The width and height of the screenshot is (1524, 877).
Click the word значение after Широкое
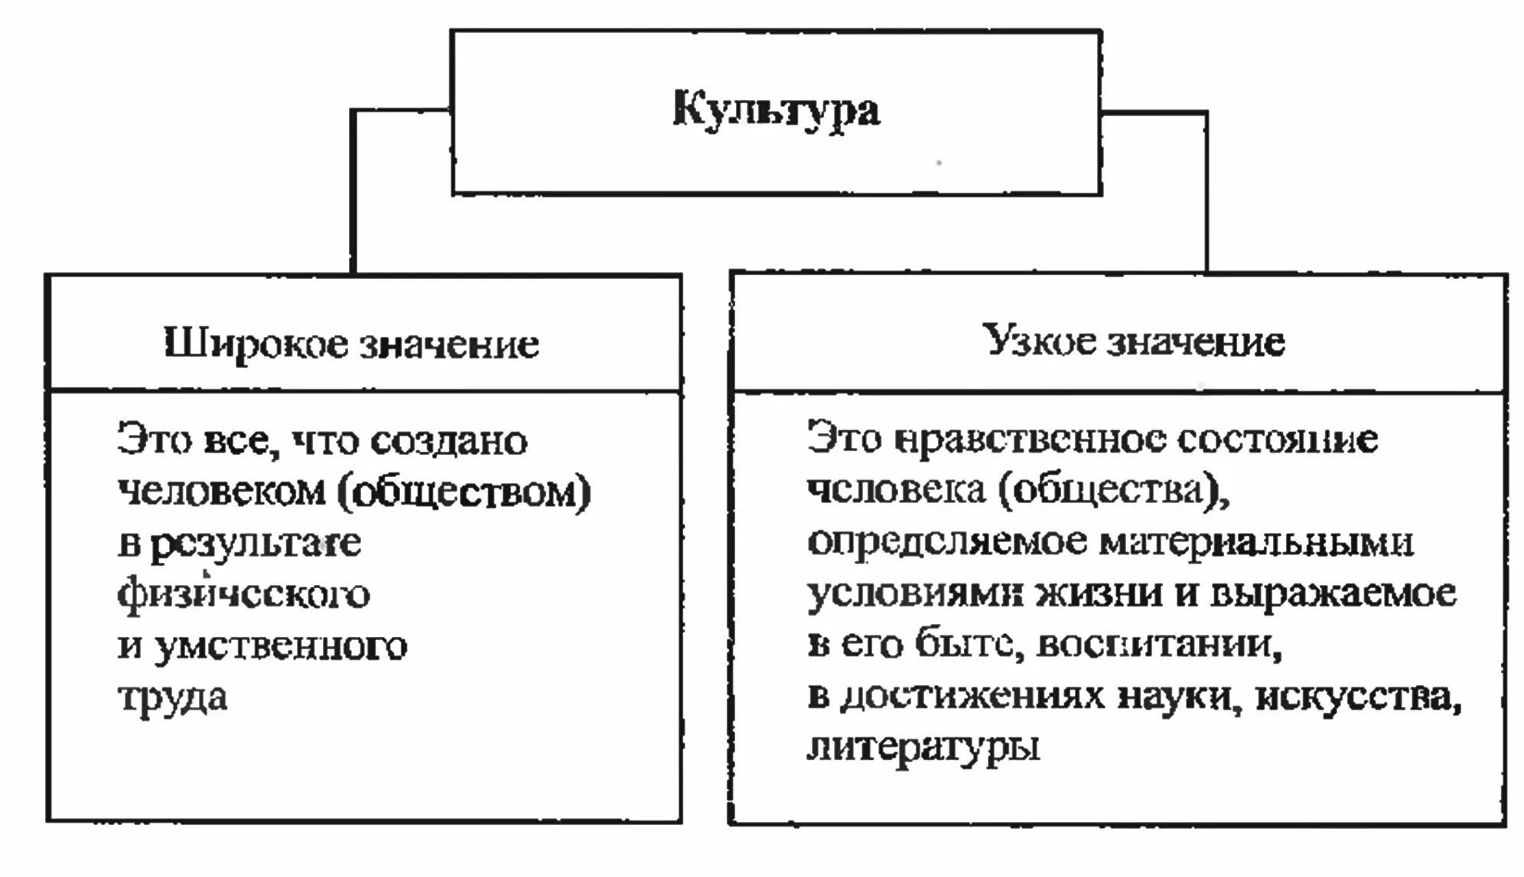[x=449, y=345]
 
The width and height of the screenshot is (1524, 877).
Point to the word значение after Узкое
[x=1197, y=342]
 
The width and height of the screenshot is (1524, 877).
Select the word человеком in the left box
[x=221, y=492]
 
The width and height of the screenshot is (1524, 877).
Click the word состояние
[x=1277, y=440]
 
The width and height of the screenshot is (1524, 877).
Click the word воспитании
[x=1158, y=645]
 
